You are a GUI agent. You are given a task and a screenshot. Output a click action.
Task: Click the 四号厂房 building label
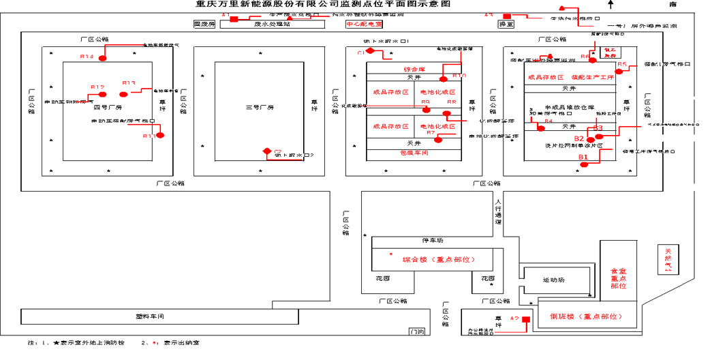(107, 107)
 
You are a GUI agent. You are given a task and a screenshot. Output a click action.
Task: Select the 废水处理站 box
(272, 24)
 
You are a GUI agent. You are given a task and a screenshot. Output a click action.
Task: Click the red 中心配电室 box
(364, 24)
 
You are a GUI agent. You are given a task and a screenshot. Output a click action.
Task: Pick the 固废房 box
(204, 24)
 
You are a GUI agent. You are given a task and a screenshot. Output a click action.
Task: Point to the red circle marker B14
(102, 59)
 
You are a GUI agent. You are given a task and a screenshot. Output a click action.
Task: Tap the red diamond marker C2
(268, 151)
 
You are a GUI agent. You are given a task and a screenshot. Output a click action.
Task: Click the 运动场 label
(553, 280)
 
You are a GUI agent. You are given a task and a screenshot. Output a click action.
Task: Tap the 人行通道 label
(498, 212)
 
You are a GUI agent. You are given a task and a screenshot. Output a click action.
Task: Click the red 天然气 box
(668, 259)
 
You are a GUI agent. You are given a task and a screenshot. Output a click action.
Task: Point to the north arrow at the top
(612, 5)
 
